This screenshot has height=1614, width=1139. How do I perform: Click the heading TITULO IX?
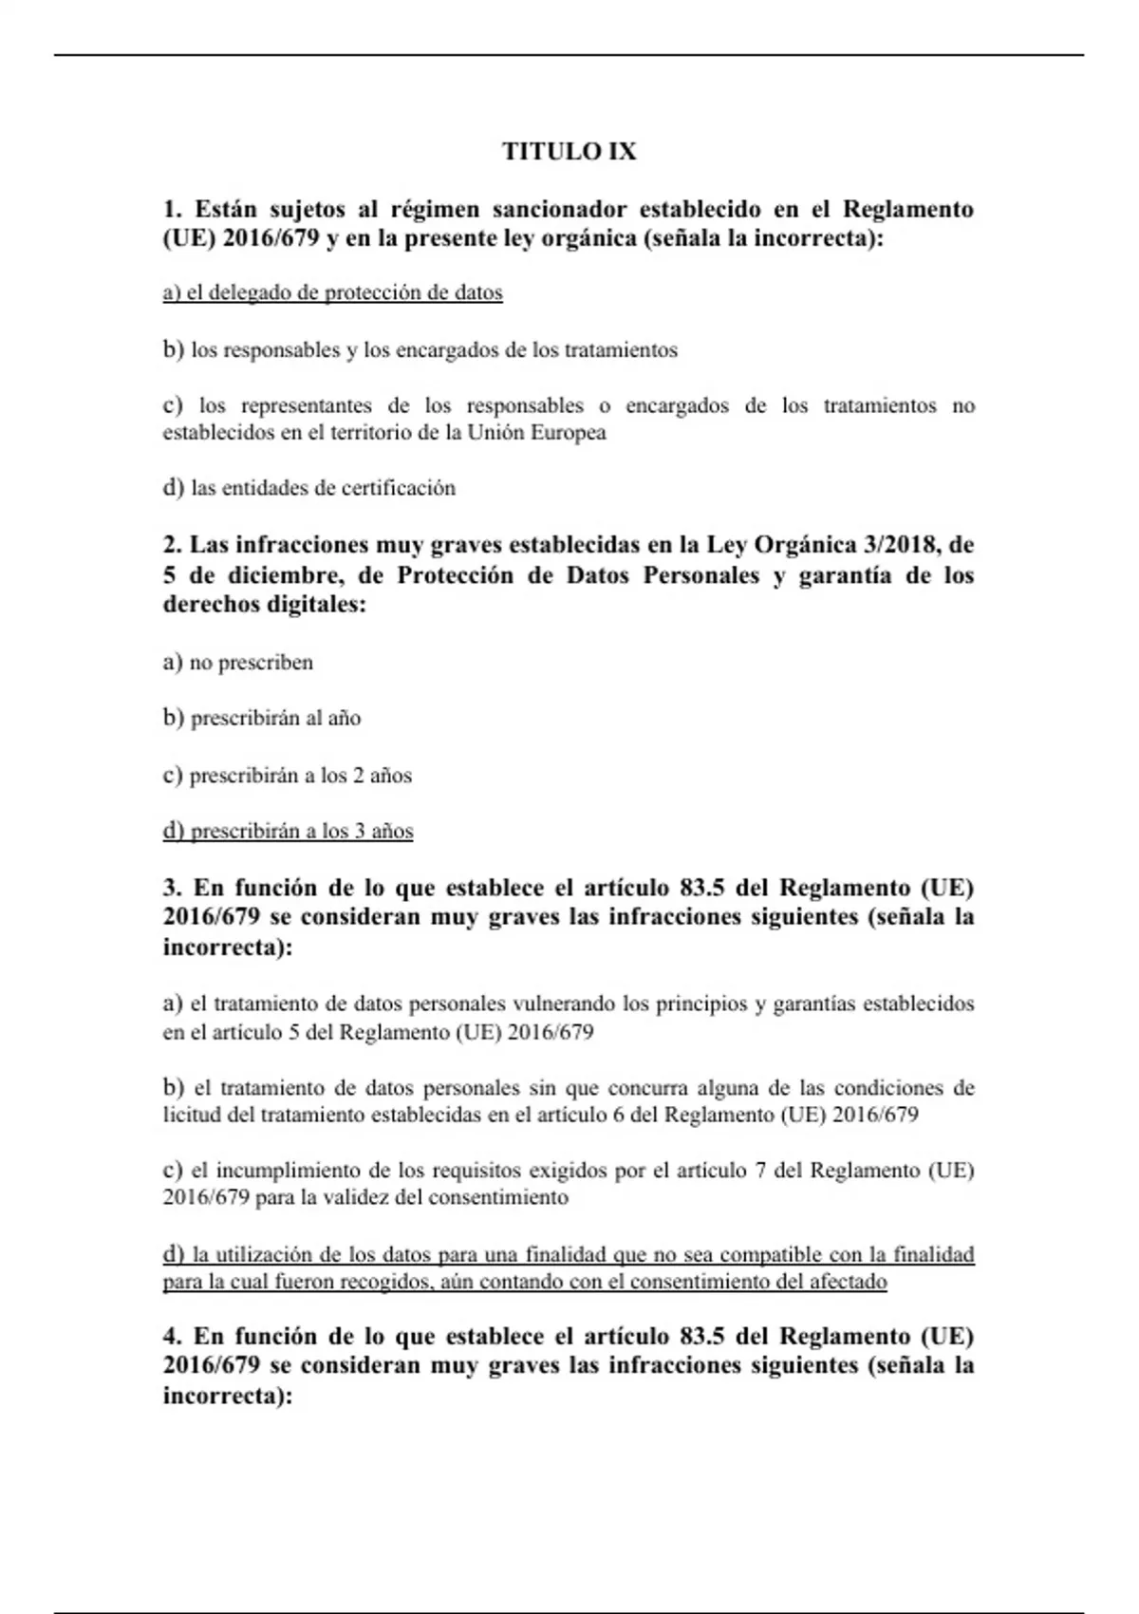569,152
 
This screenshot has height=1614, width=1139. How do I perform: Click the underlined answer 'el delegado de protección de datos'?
332,292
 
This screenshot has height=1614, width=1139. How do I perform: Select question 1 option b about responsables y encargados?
420,349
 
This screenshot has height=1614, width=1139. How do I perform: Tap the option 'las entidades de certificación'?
309,488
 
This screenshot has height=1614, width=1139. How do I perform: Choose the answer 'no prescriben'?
238,663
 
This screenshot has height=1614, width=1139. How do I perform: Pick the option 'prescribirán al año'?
262,718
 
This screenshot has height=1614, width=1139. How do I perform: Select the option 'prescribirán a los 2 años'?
288,776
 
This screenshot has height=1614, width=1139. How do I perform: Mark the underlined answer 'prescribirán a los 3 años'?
288,832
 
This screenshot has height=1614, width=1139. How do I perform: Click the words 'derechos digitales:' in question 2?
264,605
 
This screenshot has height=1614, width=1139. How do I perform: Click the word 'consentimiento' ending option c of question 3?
497,1197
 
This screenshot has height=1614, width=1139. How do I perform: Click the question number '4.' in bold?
173,1336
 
